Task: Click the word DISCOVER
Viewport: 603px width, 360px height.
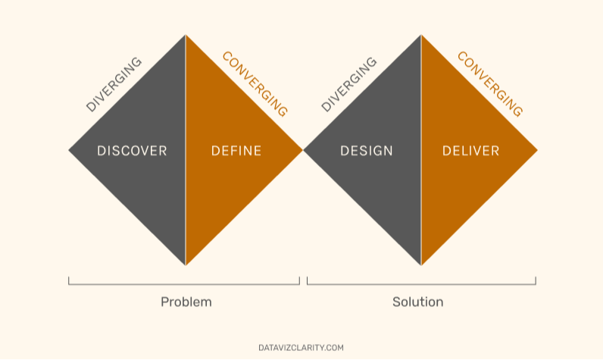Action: [132, 151]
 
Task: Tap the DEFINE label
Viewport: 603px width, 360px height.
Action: [236, 151]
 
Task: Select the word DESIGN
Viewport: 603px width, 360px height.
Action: [367, 151]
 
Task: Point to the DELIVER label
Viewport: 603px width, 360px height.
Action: [470, 151]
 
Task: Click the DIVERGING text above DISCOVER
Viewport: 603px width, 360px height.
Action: [114, 85]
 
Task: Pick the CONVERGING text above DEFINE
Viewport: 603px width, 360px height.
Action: [255, 84]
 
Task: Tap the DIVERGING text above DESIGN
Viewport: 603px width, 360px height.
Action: [348, 85]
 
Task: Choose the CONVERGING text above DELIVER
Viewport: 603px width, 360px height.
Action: [489, 84]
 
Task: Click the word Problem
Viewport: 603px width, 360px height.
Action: [186, 302]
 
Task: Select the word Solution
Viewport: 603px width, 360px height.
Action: [417, 302]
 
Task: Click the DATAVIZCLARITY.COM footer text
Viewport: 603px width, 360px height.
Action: [301, 348]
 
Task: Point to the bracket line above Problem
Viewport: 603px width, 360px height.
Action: [184, 284]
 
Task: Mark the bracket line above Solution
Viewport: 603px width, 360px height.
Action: [421, 284]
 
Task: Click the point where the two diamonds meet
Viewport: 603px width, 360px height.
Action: [303, 150]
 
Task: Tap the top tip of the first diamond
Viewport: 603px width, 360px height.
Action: [186, 35]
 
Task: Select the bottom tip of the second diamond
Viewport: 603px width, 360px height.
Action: [420, 265]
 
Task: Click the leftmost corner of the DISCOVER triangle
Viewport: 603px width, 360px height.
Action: [70, 150]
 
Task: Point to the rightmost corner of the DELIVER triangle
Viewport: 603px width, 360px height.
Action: [536, 150]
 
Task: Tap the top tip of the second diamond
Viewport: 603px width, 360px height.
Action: [420, 35]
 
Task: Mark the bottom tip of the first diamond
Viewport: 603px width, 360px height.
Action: [186, 265]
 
